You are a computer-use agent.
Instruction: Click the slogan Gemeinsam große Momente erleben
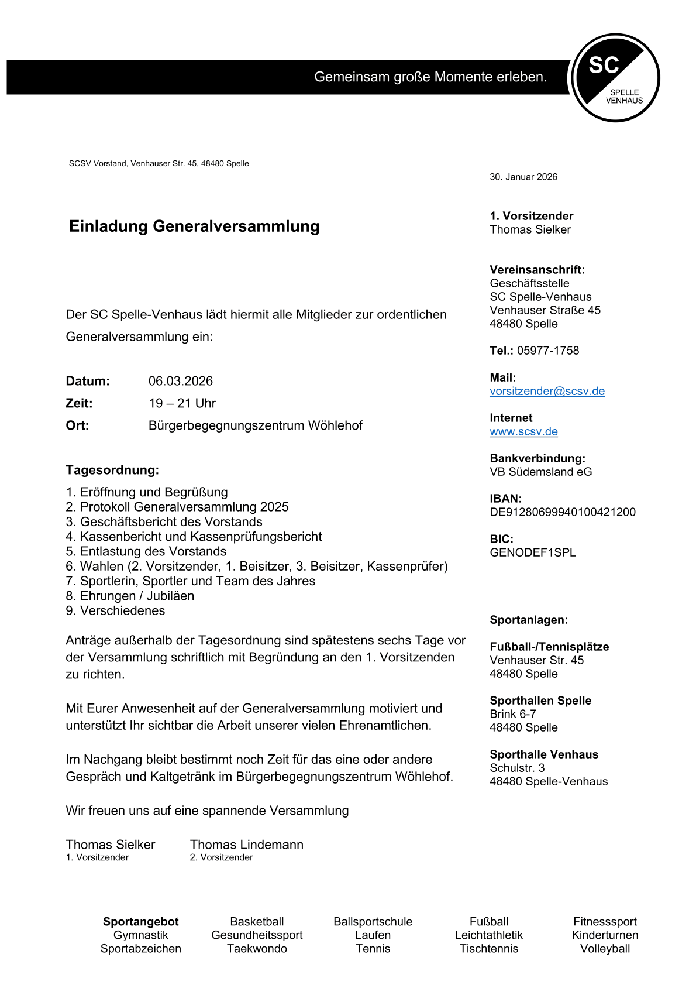(x=430, y=77)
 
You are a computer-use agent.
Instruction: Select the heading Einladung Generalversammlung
(x=194, y=226)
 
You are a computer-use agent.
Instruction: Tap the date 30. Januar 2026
(x=523, y=177)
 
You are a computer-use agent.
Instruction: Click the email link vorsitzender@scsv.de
(x=547, y=391)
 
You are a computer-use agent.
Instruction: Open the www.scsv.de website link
(x=524, y=431)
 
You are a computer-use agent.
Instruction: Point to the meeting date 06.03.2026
(x=181, y=381)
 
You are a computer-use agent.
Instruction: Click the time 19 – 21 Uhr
(x=182, y=403)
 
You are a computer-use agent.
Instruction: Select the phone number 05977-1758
(x=548, y=351)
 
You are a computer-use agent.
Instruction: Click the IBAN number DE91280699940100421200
(x=563, y=512)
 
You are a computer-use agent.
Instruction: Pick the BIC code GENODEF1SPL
(x=533, y=552)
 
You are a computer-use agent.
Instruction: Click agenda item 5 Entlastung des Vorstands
(x=146, y=551)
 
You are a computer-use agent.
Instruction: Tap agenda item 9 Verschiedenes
(x=116, y=610)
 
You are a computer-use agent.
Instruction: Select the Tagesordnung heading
(x=112, y=470)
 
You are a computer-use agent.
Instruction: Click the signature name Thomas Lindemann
(x=247, y=845)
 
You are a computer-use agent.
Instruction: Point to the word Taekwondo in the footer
(x=257, y=949)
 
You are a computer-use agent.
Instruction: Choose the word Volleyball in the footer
(x=605, y=949)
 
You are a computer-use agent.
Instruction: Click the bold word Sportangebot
(x=141, y=922)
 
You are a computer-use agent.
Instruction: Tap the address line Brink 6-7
(x=513, y=714)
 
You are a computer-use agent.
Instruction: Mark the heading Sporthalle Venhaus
(x=544, y=754)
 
